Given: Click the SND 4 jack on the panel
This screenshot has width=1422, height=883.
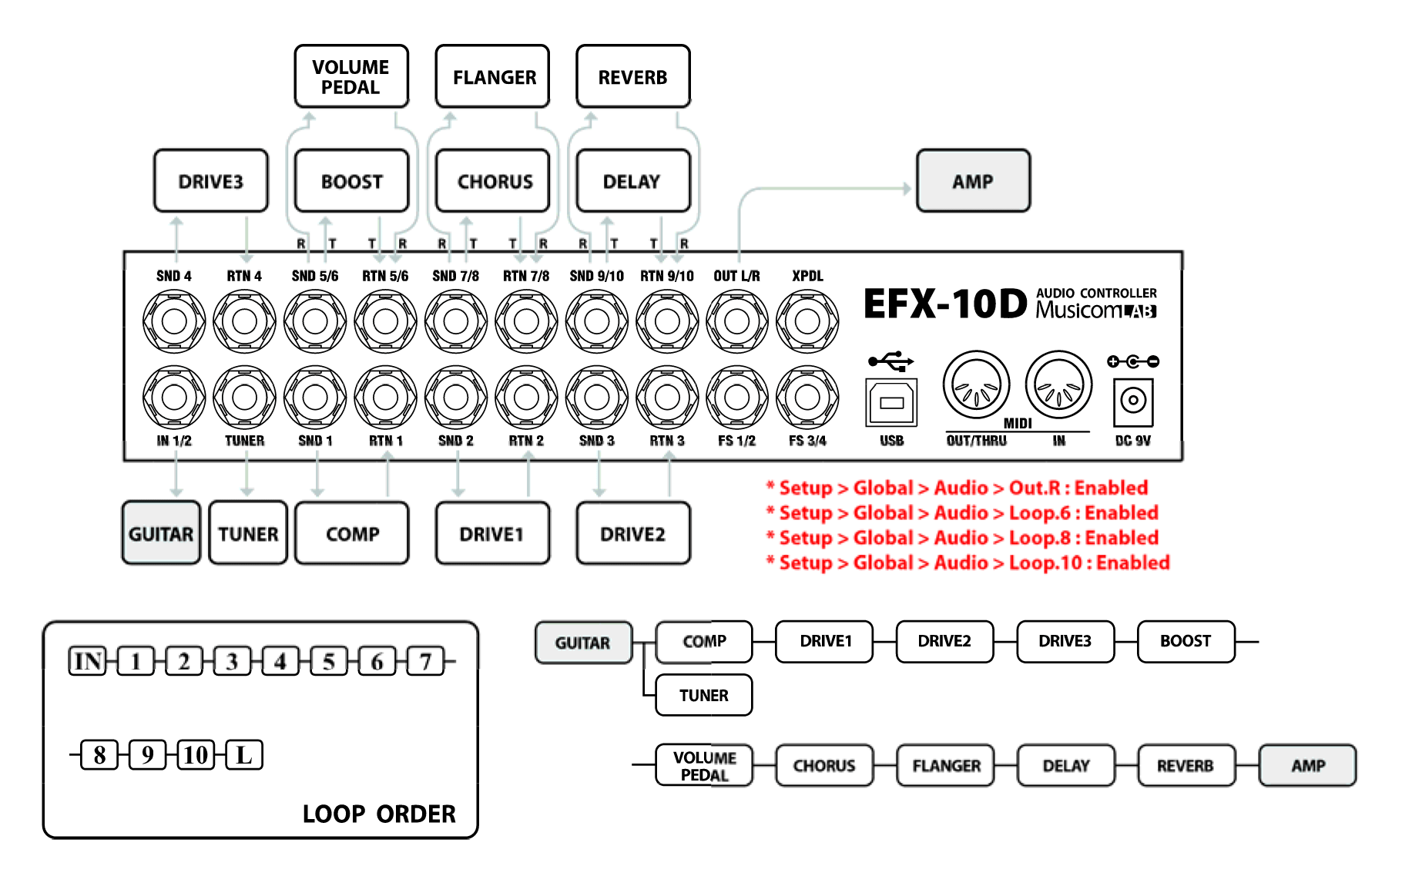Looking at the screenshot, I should [x=174, y=321].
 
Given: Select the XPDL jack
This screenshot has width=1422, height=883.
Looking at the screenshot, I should [x=807, y=321].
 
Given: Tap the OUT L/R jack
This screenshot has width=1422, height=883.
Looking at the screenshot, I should [x=737, y=321].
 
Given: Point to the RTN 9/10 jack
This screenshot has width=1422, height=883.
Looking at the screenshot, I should [x=667, y=321].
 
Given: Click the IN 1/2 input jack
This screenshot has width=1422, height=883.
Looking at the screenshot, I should [x=174, y=397].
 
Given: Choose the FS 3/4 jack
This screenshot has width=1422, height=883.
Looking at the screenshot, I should [x=807, y=397].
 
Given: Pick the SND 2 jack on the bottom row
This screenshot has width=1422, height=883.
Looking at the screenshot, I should [x=456, y=397].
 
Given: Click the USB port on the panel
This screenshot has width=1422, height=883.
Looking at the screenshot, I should [x=891, y=402].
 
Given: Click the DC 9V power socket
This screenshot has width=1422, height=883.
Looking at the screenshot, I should [x=1133, y=401].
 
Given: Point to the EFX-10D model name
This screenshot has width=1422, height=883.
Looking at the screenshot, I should [x=945, y=304].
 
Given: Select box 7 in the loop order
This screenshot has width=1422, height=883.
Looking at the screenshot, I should [x=425, y=661].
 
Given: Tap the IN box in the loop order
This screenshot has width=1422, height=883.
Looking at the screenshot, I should [x=88, y=661].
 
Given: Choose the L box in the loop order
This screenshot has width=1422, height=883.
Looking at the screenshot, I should [x=244, y=754].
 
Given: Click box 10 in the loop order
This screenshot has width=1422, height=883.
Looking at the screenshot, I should [x=196, y=754].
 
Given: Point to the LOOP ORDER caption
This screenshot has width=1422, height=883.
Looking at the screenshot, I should [x=379, y=814].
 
